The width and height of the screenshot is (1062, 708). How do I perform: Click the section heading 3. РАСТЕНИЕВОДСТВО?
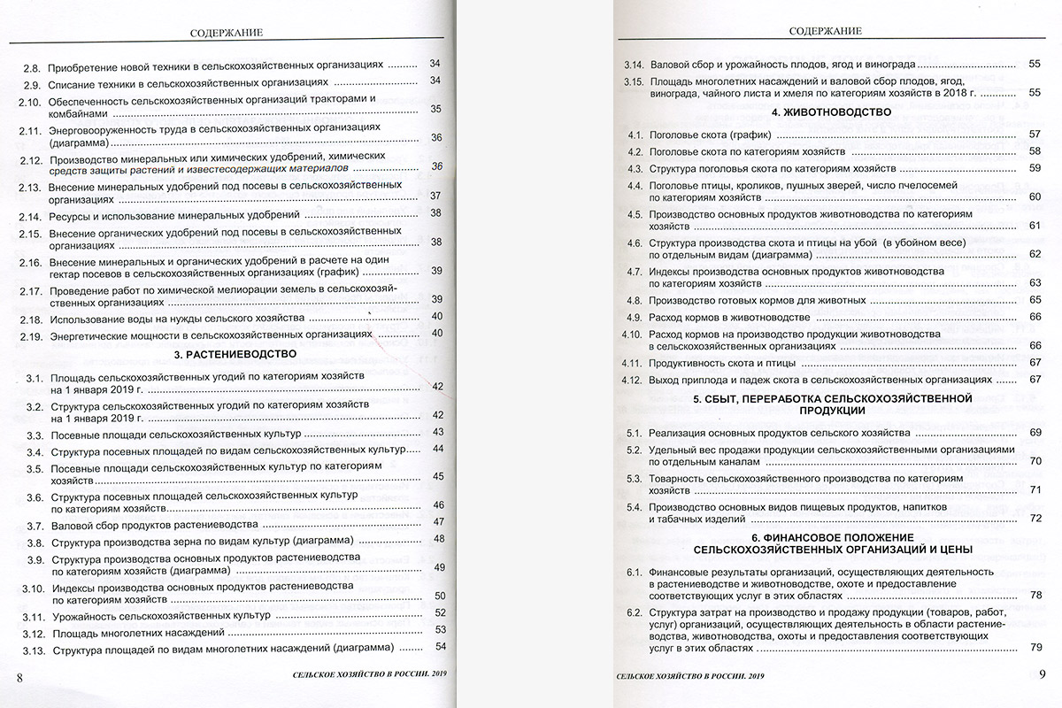tap(235, 354)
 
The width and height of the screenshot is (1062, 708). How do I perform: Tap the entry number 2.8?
tap(32, 66)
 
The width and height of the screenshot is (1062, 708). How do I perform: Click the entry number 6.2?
tap(633, 612)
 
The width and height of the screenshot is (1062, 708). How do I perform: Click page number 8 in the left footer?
tap(19, 677)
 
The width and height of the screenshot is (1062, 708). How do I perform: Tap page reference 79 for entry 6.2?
tap(1035, 648)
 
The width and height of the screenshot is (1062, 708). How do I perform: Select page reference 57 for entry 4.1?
tap(1035, 135)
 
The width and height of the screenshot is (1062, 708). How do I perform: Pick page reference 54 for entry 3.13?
tap(440, 650)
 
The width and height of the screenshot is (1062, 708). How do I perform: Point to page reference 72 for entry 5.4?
tap(1035, 517)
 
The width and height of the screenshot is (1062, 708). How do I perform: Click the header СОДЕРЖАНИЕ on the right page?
tap(824, 32)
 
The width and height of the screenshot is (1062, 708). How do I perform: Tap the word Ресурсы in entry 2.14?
tap(71, 214)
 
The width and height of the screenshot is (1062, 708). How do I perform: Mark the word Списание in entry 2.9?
tap(73, 82)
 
